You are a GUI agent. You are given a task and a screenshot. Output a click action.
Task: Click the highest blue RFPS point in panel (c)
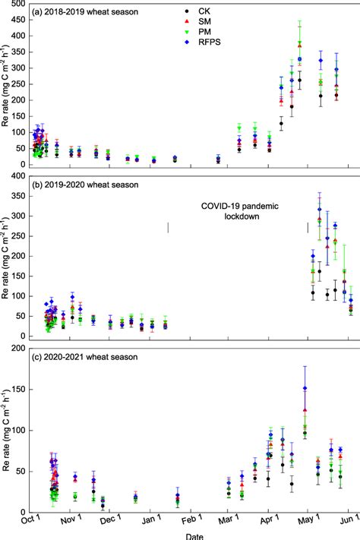point(305,387)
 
